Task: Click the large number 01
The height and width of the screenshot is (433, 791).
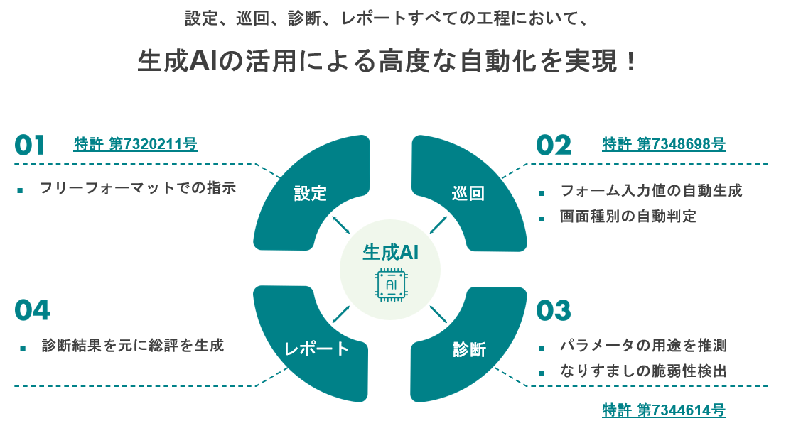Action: [x=30, y=146]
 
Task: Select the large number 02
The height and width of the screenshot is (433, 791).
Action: [x=554, y=146]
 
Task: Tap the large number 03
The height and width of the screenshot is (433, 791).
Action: [x=554, y=311]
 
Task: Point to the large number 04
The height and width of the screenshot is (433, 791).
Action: [x=32, y=311]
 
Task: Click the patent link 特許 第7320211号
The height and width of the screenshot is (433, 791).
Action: [x=135, y=144]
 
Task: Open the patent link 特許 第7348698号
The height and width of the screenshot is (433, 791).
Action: [x=664, y=144]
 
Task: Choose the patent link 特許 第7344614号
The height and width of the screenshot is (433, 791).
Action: [x=664, y=410]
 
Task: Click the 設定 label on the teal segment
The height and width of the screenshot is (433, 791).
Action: [x=311, y=193]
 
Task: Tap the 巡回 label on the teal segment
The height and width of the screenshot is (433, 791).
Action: [x=468, y=193]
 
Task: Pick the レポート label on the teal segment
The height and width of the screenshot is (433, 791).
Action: [x=316, y=349]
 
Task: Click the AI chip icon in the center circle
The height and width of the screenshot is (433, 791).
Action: [x=390, y=285]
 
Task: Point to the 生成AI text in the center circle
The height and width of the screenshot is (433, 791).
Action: [x=390, y=251]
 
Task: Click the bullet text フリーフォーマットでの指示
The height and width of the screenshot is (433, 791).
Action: [x=137, y=188]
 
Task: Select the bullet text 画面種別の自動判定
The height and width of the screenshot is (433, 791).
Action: [x=628, y=217]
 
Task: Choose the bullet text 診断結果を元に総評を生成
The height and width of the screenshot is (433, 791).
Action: [x=133, y=346]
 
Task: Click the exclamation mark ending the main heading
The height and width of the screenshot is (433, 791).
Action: [x=628, y=62]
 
